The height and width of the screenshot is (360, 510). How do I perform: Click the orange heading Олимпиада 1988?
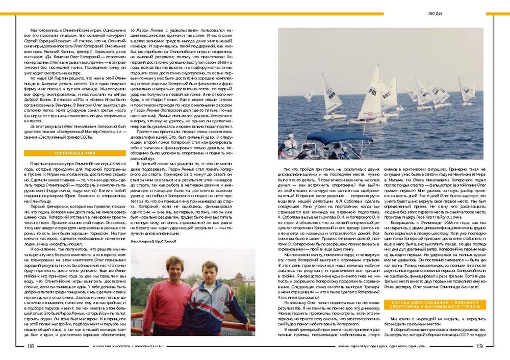[75, 153]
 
